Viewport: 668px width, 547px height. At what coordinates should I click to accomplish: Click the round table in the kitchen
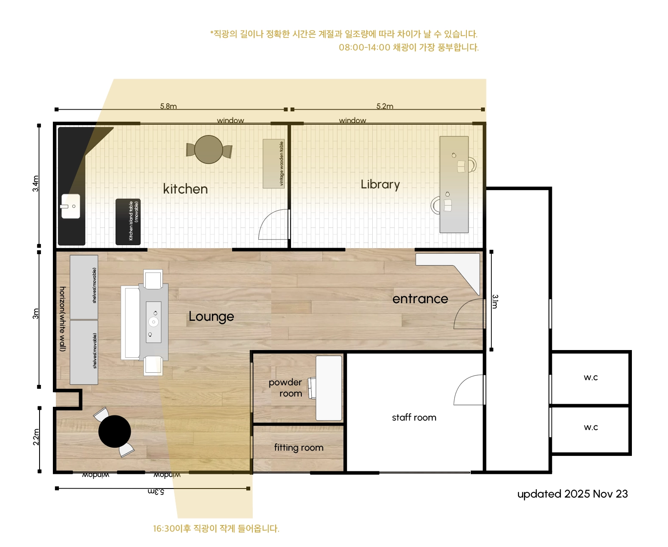pos(208,149)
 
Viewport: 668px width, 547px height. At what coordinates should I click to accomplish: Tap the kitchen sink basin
pos(70,206)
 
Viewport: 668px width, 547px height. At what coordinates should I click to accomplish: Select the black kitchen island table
pos(128,221)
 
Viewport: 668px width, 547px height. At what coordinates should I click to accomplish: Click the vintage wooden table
pos(273,163)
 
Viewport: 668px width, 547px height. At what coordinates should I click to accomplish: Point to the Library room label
pos(380,184)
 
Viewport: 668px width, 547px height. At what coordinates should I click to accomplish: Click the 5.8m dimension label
pos(168,106)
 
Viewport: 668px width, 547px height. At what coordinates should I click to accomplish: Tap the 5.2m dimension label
pos(385,106)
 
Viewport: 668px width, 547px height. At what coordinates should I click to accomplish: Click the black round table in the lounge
pos(114,431)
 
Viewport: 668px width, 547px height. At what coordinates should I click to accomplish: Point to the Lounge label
pos(211,316)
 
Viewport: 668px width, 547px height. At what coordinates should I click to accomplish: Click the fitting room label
pos(298,447)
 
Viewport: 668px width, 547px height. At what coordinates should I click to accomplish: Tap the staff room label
pos(414,417)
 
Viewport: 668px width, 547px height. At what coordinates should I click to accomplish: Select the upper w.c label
pos(590,377)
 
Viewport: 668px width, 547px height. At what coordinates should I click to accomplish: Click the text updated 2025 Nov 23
pos(572,493)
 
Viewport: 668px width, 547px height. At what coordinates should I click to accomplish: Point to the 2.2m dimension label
pos(36,437)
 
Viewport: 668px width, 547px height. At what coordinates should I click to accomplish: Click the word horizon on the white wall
pos(63,299)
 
